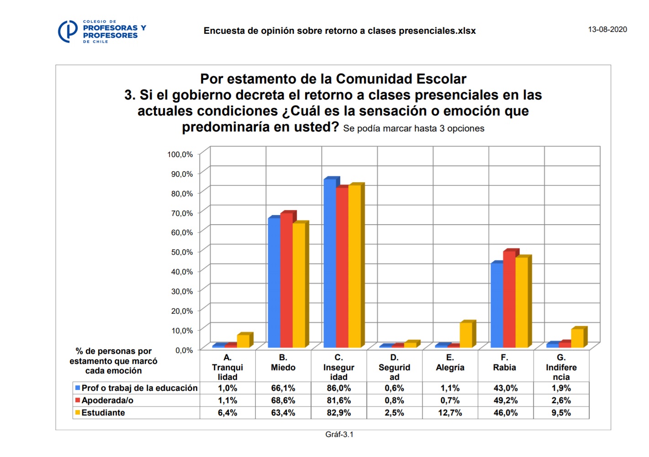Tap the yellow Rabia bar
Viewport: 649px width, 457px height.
coord(521,302)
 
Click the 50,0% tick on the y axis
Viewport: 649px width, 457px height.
coord(182,252)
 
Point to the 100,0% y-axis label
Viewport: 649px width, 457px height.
coord(180,154)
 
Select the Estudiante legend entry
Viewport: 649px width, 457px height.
coord(103,413)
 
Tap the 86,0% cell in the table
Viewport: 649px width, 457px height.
coord(338,388)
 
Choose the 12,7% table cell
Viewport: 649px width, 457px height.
coord(450,413)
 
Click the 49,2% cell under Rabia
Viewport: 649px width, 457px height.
coord(506,400)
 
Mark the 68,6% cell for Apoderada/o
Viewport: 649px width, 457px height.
coord(283,400)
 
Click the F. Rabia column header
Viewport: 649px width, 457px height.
coord(504,362)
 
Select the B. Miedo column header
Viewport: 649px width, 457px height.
coord(283,362)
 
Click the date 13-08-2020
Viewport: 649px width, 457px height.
coord(607,29)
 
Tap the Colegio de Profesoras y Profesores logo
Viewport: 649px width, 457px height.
coord(102,32)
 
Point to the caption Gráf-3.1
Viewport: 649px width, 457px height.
coord(339,434)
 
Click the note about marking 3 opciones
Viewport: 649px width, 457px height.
coord(413,129)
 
